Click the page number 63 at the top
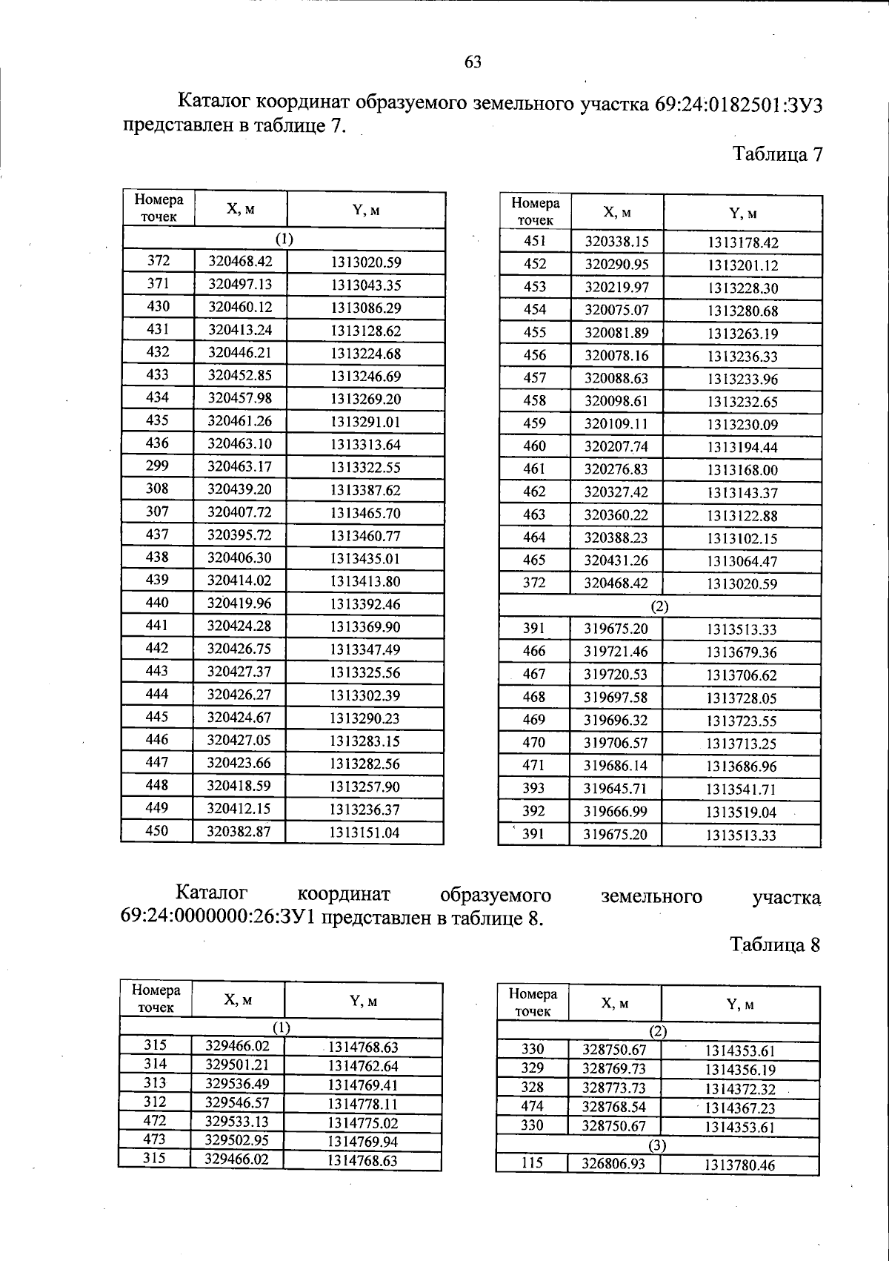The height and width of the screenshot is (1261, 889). [473, 62]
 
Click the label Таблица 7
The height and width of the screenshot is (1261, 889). [777, 154]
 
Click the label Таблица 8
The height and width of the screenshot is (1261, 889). [775, 944]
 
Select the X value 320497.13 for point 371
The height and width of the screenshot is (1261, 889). [240, 285]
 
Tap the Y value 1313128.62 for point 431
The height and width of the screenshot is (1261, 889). [365, 331]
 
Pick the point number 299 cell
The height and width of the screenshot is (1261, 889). [158, 466]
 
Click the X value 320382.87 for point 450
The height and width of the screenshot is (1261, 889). [239, 832]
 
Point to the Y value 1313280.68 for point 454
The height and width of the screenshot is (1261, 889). [742, 311]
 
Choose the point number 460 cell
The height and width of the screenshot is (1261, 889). [534, 446]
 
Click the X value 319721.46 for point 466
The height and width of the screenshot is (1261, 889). [616, 652]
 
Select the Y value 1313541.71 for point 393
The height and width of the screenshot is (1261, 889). [741, 790]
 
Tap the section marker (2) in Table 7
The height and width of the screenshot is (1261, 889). [659, 606]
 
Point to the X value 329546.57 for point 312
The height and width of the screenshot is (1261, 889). [237, 1102]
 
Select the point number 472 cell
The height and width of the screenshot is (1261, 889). [155, 1121]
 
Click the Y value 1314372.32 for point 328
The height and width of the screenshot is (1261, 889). [740, 1089]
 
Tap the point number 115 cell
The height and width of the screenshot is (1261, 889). [532, 1164]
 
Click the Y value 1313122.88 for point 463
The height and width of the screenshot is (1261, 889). [742, 516]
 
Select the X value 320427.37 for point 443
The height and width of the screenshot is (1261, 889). [239, 672]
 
